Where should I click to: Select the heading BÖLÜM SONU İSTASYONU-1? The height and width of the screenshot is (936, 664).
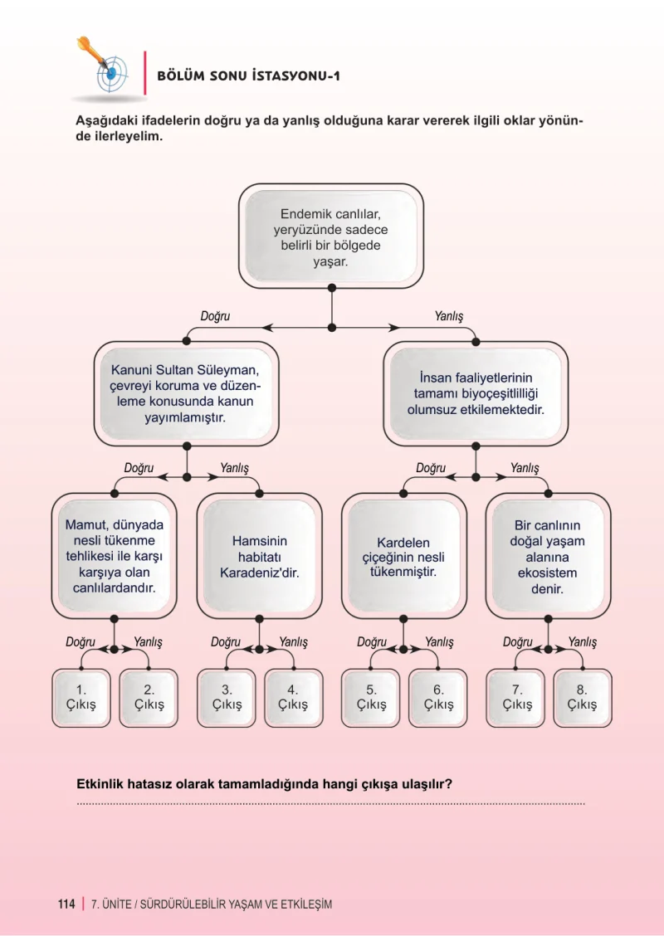click(248, 76)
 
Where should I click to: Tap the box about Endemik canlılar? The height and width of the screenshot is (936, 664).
click(331, 236)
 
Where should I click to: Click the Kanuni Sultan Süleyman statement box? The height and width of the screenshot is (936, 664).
click(186, 393)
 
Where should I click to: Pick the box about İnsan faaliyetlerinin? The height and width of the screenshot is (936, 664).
click(476, 393)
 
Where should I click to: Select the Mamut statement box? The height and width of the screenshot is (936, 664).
click(114, 556)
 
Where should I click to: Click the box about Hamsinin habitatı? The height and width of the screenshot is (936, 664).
click(259, 556)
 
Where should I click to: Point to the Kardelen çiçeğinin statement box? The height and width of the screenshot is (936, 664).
click(403, 556)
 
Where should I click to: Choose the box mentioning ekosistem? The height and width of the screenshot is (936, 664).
click(548, 556)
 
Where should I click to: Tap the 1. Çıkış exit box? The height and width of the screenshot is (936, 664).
click(81, 698)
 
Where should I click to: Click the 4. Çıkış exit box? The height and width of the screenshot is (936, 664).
click(293, 698)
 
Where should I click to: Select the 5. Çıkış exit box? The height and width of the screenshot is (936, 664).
click(371, 698)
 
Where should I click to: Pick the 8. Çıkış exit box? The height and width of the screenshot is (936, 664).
click(583, 698)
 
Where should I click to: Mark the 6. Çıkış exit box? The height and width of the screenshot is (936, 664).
click(438, 698)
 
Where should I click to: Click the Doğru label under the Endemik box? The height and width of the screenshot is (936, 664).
click(215, 316)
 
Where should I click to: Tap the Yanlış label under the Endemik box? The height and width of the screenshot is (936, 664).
click(448, 316)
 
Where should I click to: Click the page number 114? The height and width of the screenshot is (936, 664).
click(66, 904)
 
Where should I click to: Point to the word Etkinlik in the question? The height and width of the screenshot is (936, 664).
click(99, 784)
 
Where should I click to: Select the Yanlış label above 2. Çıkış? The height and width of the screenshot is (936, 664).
click(148, 642)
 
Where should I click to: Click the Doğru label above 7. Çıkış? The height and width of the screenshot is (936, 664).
click(517, 642)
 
